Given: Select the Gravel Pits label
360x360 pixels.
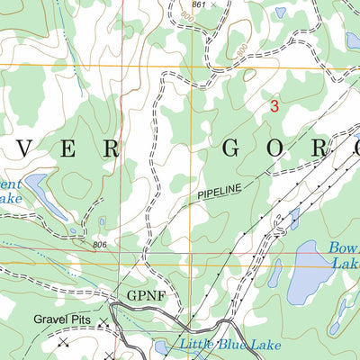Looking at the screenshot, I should point(65,319).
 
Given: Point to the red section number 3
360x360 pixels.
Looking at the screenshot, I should point(274,106).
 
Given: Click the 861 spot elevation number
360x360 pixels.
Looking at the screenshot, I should point(198,5).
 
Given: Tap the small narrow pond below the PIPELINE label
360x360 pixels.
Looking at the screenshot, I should point(294,217).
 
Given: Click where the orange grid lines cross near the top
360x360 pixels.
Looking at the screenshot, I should point(163,66).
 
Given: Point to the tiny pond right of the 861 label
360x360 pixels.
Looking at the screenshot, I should point(281,13).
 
